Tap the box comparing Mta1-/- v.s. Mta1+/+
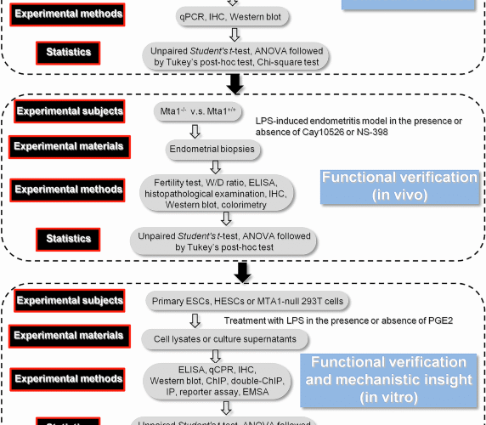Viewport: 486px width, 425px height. [x=197, y=111]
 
